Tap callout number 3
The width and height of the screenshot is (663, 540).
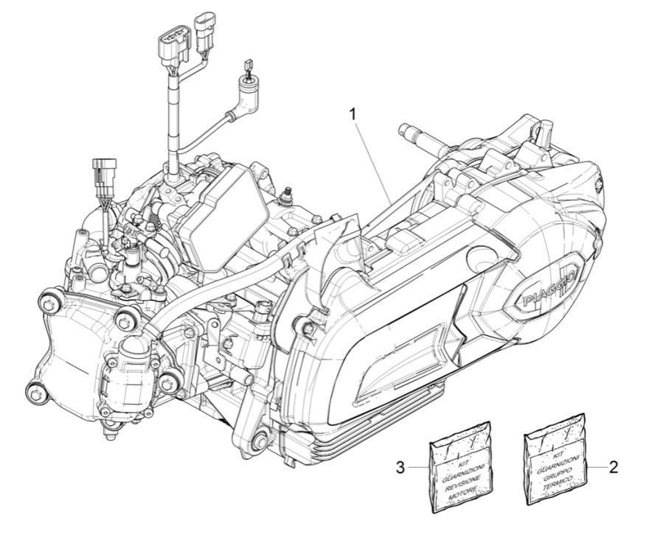pos(400,467)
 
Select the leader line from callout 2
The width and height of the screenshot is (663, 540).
pos(596,467)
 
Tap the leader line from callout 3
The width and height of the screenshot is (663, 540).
pos(417,467)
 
